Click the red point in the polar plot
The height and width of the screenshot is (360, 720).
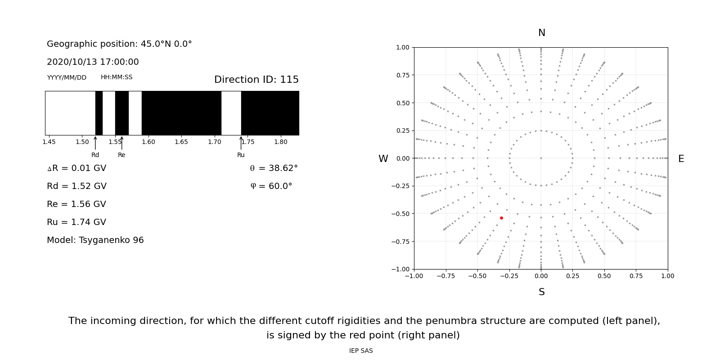[501, 218]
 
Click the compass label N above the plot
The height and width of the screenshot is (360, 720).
[541, 33]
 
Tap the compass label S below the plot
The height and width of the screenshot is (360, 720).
[541, 292]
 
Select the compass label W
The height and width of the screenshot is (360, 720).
[383, 159]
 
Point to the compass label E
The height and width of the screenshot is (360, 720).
[681, 159]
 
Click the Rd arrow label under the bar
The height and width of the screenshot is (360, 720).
[95, 155]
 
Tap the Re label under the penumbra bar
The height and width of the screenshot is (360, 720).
[121, 155]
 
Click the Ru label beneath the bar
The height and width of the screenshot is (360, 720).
[241, 155]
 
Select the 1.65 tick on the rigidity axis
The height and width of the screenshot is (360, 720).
[181, 142]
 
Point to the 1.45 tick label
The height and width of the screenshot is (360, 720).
[49, 142]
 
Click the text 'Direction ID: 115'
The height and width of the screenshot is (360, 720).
[256, 80]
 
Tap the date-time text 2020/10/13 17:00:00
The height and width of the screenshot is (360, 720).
[93, 62]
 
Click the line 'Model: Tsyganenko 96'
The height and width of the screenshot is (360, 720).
[95, 240]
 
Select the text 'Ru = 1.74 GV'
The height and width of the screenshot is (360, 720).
[76, 222]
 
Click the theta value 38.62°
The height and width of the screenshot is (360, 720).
[283, 168]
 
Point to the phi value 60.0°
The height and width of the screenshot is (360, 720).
[280, 186]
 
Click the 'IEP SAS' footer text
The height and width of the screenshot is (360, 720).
[360, 351]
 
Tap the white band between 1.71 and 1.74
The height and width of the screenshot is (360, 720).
[231, 113]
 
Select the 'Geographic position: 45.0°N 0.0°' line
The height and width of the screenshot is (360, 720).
[119, 44]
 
